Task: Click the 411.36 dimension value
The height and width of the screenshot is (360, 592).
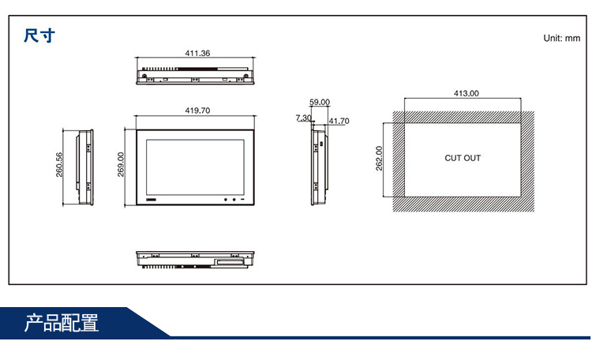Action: [197, 54]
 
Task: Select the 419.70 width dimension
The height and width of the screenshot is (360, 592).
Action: [197, 111]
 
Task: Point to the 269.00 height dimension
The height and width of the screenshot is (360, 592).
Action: [122, 165]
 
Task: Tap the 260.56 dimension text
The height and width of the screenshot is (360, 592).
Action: [59, 165]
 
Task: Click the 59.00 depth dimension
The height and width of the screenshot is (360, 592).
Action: [320, 103]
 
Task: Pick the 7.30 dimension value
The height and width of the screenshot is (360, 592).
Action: [303, 118]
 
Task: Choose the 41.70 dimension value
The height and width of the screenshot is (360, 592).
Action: [339, 122]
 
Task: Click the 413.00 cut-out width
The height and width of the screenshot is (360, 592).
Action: [466, 93]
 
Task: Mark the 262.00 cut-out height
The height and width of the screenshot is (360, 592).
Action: [379, 158]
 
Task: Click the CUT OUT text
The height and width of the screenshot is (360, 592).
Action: [463, 158]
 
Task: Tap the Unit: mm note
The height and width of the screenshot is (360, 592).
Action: [561, 38]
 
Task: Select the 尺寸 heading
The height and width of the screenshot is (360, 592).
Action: [39, 36]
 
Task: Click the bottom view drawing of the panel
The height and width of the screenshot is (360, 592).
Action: [194, 260]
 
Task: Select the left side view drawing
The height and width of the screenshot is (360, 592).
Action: [85, 166]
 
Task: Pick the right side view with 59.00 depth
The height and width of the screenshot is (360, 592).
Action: [318, 166]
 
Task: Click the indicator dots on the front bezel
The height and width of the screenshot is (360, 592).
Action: [230, 198]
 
